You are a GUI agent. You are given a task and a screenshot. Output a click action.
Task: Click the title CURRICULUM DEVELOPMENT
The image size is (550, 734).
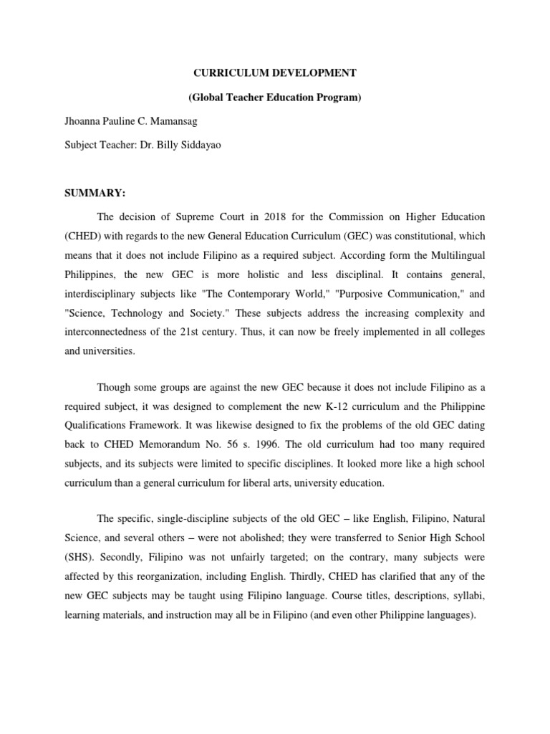[274, 72]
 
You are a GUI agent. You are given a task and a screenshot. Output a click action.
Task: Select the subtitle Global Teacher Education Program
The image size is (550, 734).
[274, 97]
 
